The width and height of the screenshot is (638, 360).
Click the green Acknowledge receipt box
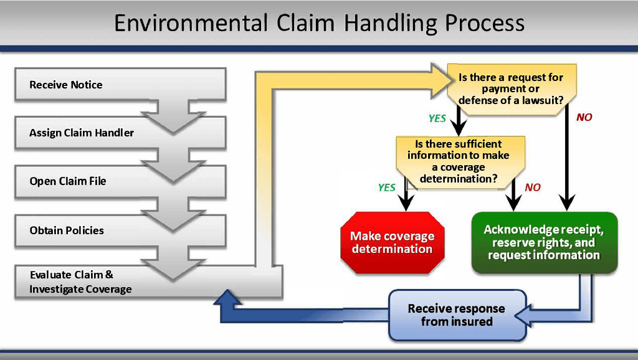(x=544, y=242)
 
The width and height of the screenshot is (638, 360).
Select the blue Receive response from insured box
(x=457, y=315)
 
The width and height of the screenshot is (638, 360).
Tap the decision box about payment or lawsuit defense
(x=511, y=89)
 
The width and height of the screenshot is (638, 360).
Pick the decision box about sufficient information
(x=459, y=161)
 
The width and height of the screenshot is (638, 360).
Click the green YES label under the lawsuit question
(x=437, y=118)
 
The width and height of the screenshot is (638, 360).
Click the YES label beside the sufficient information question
(x=387, y=187)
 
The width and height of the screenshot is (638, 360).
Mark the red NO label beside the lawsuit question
(x=584, y=117)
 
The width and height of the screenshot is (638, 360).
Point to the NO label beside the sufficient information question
(x=533, y=187)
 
